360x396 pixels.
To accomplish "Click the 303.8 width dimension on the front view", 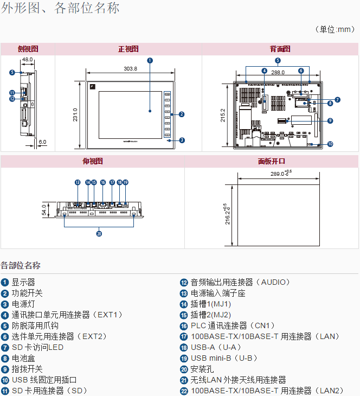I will pos(130,69).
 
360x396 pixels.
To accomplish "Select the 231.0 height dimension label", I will pos(76,115).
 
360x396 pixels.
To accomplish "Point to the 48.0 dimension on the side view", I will pos(28,60).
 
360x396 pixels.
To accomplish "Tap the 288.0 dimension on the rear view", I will pos(278,72).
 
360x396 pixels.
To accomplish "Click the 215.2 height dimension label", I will pos(223,115).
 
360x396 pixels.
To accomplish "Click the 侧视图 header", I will pos(28,49).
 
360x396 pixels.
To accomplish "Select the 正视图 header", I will pos(128,49).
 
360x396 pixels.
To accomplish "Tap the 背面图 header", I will pos(280,49).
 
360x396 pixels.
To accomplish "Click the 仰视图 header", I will pos(92,161).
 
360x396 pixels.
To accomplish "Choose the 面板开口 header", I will pos(271,161).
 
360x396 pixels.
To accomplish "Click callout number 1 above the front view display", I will pos(150,60).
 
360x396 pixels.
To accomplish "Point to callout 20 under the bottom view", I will pos(99,234).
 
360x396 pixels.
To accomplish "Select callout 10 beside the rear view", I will pos(330,144).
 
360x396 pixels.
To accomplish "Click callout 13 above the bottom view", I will pos(78,182).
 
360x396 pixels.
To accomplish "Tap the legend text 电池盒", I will pos(22,358).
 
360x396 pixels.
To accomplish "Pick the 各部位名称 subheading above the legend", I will pos(21,265).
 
